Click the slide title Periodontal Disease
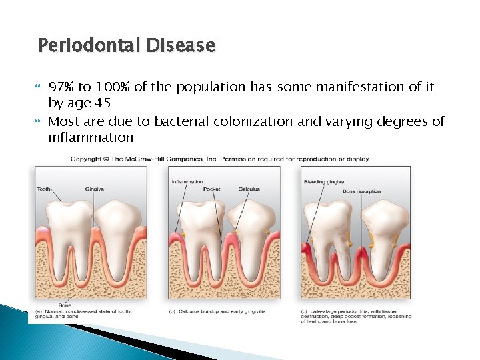127,46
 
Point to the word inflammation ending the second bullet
91,138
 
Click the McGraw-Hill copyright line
220,159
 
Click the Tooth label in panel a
43,189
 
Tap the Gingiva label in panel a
94,189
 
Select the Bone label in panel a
65,305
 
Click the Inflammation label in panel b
187,181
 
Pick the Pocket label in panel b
211,189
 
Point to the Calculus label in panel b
249,189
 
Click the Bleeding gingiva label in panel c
323,181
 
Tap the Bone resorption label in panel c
361,191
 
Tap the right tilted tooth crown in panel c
385,223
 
